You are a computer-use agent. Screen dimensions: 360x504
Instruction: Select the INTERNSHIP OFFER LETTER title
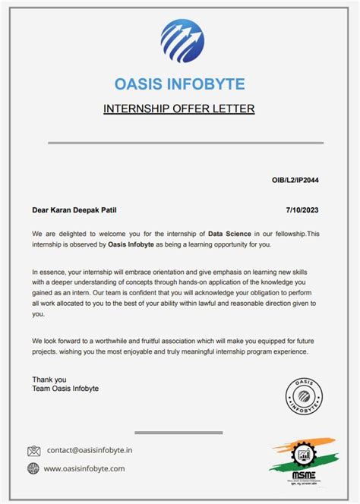(x=179, y=109)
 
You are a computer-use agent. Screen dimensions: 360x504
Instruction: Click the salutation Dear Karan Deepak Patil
(x=76, y=209)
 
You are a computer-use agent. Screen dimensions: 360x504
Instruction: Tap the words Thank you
(x=49, y=379)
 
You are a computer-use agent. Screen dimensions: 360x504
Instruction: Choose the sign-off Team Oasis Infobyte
(x=65, y=389)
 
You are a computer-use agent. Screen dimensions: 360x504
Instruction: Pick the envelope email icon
(x=34, y=451)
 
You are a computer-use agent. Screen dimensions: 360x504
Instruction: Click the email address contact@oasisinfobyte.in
(x=89, y=450)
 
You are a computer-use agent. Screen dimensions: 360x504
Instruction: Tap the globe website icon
(x=34, y=468)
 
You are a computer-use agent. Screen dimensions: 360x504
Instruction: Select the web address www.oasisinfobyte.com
(x=84, y=468)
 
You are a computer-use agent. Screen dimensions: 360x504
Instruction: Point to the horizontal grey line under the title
(x=185, y=143)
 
